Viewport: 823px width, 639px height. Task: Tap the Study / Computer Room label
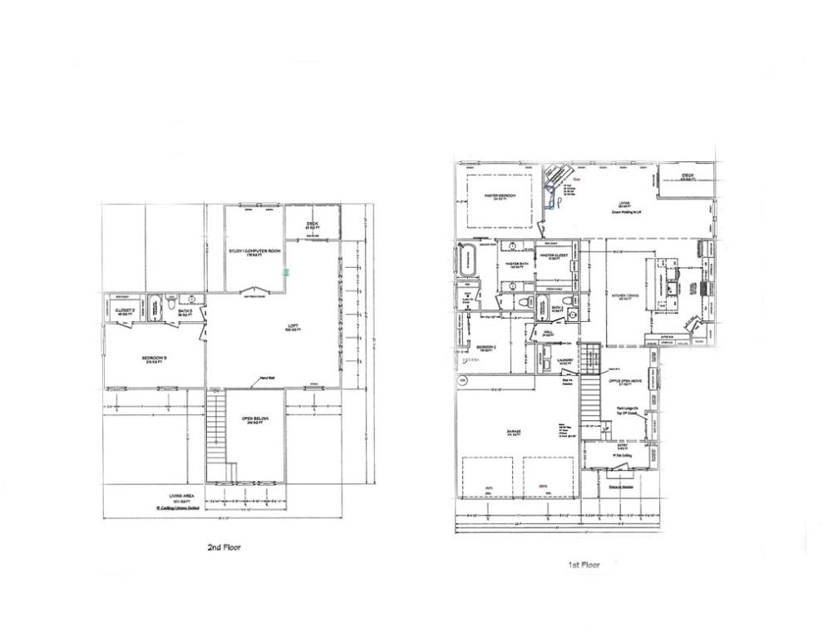pos(254,252)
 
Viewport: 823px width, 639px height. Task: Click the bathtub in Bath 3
pos(157,308)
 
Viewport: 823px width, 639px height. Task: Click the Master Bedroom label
pos(500,196)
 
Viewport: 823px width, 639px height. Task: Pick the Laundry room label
pos(564,362)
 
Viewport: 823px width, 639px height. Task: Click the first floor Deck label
pos(687,176)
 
